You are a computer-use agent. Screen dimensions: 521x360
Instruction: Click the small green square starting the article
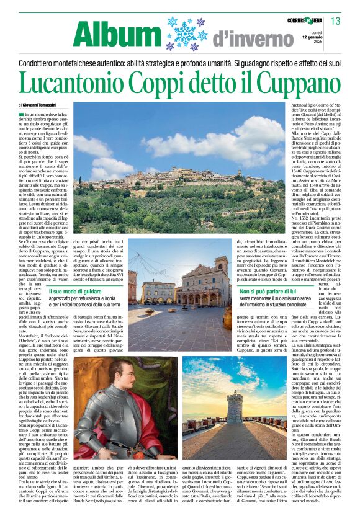coord(21,115)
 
